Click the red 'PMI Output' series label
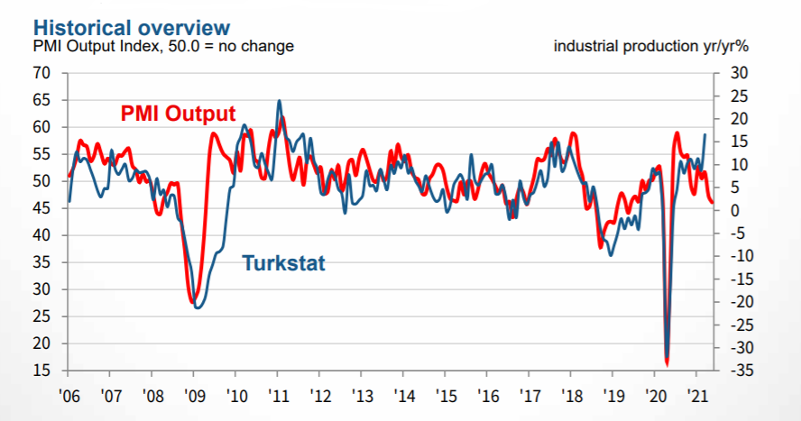(178, 114)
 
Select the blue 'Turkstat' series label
(283, 263)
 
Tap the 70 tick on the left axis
(41, 73)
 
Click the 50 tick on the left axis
(41, 181)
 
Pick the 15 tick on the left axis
(41, 371)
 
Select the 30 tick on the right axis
(737, 73)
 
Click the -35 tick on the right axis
(735, 371)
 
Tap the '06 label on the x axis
(68, 394)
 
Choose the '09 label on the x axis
(194, 394)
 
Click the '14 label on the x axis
(404, 394)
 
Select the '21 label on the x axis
(696, 394)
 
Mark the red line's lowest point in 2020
(667, 364)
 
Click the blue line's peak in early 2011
(279, 101)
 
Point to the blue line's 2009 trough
(198, 308)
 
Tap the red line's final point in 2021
(713, 203)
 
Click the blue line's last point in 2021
(705, 134)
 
